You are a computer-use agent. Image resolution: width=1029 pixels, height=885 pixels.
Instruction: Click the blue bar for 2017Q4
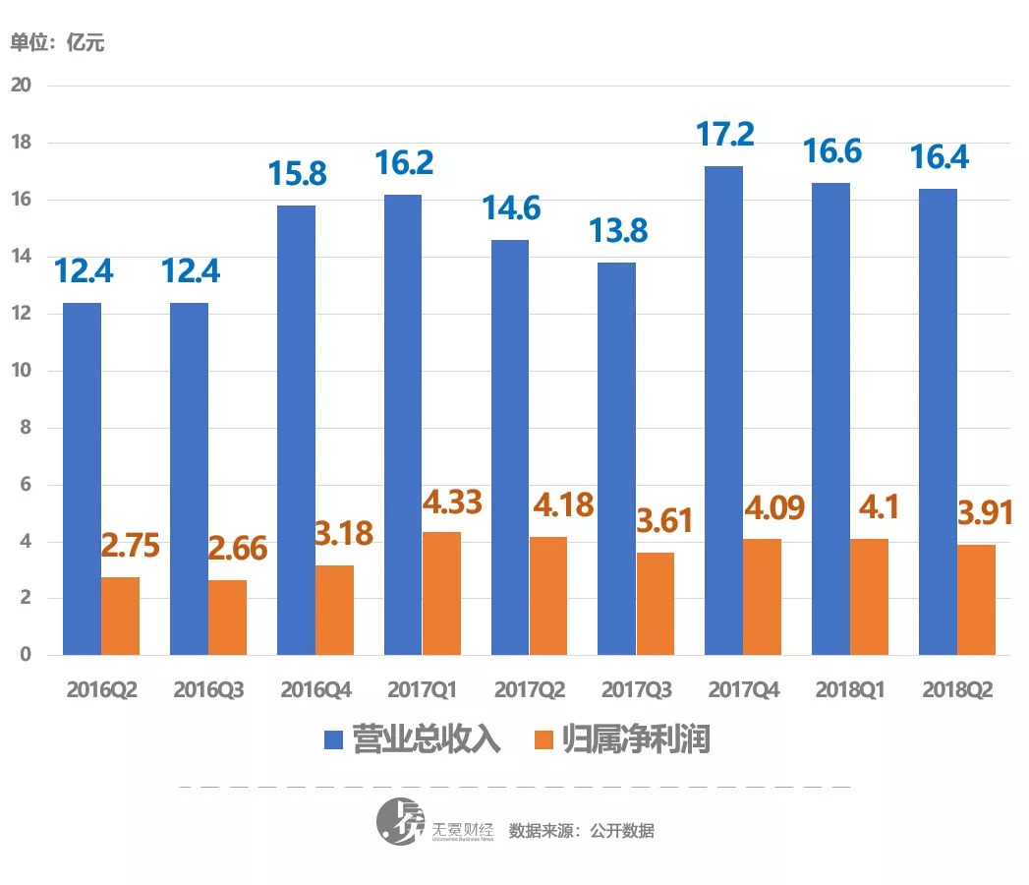(724, 411)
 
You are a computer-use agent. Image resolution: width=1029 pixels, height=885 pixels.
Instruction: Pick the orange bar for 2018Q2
(976, 600)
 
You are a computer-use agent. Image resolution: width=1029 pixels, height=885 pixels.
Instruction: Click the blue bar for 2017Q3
(617, 459)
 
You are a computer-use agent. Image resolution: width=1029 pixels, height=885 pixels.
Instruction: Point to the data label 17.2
(725, 134)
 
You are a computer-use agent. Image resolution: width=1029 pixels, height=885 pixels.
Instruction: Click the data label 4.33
(452, 502)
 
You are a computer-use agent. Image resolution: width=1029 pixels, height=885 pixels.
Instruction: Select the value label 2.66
(238, 549)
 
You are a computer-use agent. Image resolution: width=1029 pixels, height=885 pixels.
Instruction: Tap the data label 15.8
(297, 174)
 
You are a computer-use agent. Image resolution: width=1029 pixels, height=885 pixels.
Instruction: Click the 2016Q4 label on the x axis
(314, 690)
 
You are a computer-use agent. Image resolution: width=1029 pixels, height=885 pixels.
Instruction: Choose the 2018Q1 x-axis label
(850, 690)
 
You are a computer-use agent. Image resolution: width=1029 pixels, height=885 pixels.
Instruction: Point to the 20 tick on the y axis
(21, 86)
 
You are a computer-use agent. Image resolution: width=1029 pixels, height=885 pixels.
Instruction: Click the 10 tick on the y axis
(21, 371)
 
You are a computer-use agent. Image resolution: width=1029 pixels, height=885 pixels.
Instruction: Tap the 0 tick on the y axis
(27, 655)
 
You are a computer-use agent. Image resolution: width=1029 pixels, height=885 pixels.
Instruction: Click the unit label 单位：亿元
(57, 42)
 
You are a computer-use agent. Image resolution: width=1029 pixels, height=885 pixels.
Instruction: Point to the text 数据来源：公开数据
(581, 830)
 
